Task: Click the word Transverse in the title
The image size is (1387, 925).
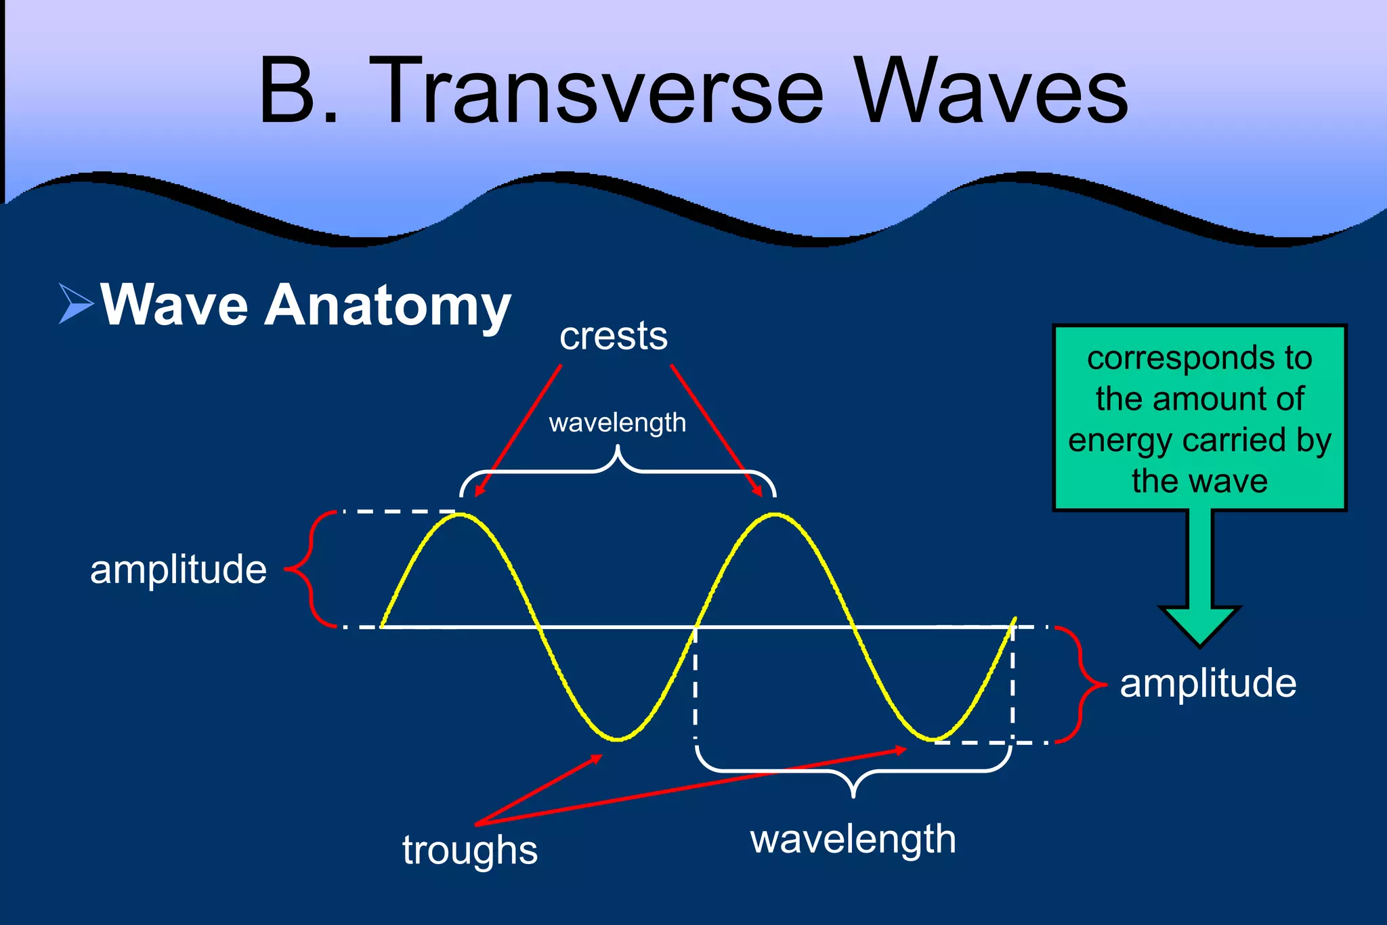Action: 596,91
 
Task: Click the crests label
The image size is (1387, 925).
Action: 614,337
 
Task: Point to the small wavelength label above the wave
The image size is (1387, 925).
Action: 617,423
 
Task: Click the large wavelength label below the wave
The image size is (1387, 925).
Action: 853,840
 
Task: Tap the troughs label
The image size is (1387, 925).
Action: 470,850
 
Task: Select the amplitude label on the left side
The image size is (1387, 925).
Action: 178,570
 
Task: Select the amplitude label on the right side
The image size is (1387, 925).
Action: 1208,683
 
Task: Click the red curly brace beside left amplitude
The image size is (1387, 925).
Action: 308,569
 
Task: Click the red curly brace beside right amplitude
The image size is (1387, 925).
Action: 1082,685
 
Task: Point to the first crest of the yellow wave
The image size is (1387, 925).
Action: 461,515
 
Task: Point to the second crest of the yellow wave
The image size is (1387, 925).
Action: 775,515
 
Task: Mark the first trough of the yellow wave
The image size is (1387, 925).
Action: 618,739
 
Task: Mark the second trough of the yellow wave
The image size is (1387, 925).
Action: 934,739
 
